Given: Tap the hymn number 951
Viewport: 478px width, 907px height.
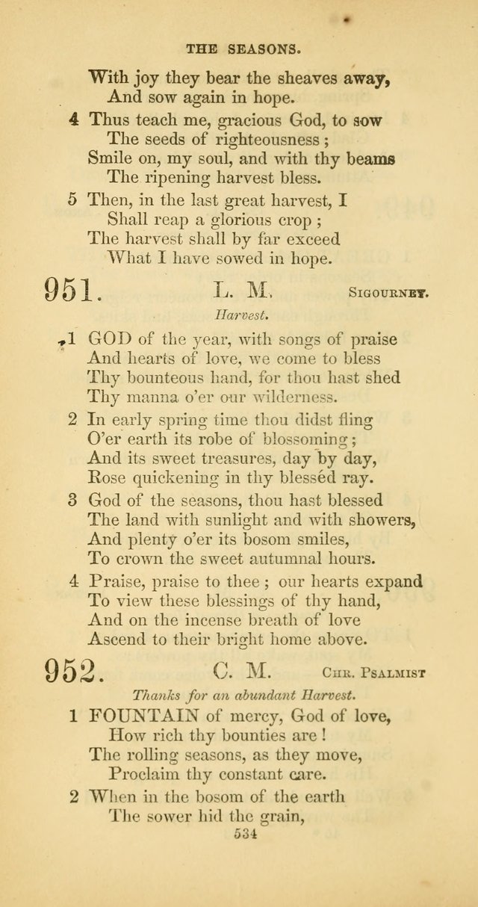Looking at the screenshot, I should tap(72, 288).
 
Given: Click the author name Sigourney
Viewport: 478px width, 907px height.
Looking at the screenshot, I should tap(388, 294).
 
